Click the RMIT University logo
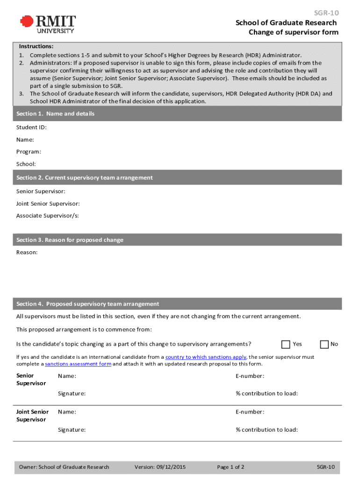pos(47,24)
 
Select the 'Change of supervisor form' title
pos(293,32)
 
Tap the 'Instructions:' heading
pos(36,47)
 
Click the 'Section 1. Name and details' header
pos(55,114)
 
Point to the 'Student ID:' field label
pos(31,127)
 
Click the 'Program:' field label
pos(29,152)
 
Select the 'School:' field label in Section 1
pos(26,164)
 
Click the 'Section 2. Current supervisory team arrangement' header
pos(84,178)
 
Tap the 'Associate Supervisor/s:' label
pos(47,216)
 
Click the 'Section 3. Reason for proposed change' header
pos(70,240)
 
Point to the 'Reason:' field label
pos(27,252)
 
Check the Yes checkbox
pos(286,344)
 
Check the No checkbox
pos(324,344)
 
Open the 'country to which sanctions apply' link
pos(206,357)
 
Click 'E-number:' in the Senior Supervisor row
pos(250,376)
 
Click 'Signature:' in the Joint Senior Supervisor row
pos(72,429)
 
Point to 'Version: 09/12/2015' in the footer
pos(160,467)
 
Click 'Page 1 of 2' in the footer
pos(230,467)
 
